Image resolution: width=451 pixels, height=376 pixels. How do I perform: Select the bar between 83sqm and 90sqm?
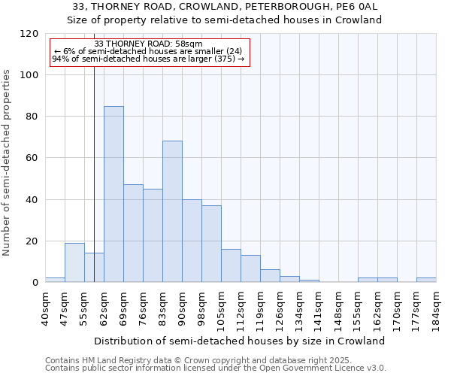172,211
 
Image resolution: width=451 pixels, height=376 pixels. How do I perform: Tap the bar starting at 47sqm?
74,262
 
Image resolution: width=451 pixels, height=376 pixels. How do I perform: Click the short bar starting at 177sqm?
426,280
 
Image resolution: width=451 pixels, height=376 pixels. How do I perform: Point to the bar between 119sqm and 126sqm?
270,276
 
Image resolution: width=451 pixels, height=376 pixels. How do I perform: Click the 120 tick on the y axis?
29,34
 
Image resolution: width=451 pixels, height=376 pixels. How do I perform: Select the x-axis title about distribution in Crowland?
241,341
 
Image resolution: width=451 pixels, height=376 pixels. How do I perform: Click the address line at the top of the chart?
225,7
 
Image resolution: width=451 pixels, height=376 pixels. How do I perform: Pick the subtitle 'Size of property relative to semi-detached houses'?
225,20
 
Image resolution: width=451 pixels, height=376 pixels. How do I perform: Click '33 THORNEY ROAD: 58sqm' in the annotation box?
148,44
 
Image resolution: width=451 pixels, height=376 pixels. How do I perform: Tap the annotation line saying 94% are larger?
148,59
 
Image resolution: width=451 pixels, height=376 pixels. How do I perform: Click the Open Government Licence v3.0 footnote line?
216,368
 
